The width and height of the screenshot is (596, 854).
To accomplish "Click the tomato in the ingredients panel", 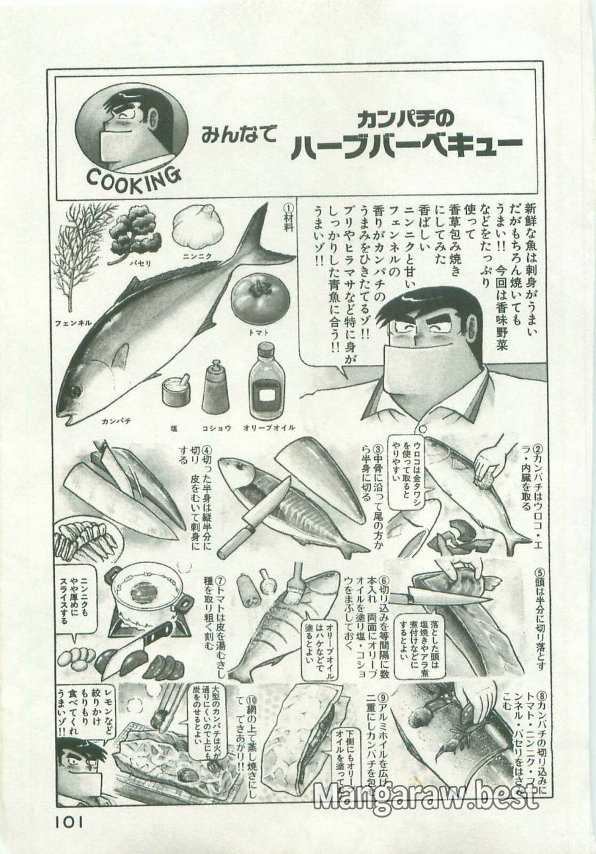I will tap(260, 297).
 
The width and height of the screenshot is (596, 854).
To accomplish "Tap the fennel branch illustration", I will tap(87, 259).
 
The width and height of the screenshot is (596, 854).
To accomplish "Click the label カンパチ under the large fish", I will tap(118, 420).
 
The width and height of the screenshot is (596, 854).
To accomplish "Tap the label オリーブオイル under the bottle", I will tap(269, 428).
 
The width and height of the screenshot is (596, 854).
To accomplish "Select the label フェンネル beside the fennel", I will tap(73, 323).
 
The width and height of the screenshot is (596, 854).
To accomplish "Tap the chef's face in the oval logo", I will tap(132, 129).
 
